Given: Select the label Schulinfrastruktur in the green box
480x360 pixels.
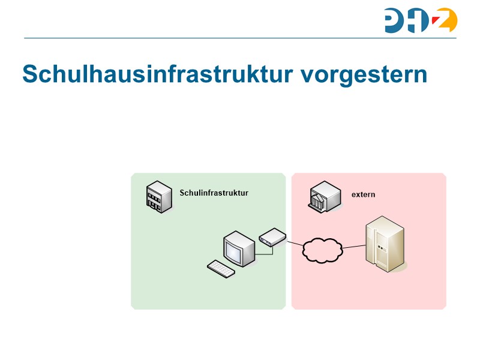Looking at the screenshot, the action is click(x=214, y=193).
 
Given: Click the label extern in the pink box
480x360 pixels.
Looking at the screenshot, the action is click(x=363, y=194).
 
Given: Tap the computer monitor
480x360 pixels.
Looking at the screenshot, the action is click(x=239, y=248).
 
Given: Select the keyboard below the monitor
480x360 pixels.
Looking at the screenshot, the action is click(x=221, y=269).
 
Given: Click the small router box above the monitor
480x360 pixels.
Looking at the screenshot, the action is click(x=272, y=237).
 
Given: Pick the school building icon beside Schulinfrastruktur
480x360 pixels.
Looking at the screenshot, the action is click(x=157, y=196).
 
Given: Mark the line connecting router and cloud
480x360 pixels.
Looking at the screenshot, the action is click(x=295, y=243).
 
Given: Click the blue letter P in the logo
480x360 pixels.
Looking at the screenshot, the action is click(x=395, y=20).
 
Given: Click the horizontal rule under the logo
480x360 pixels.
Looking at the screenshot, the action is click(x=240, y=38).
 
